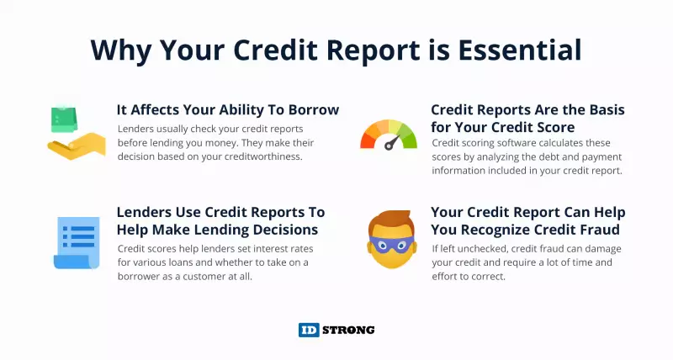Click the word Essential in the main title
pyautogui.click(x=520, y=50)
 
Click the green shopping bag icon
pyautogui.click(x=64, y=119)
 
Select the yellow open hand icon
pyautogui.click(x=77, y=146)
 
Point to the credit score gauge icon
pyautogui.click(x=389, y=135)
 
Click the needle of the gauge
pyautogui.click(x=392, y=142)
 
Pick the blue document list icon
pyautogui.click(x=77, y=243)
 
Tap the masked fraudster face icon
pyautogui.click(x=391, y=239)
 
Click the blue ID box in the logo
pyautogui.click(x=309, y=330)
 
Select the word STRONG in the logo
pyautogui.click(x=348, y=330)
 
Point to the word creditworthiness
pyautogui.click(x=260, y=156)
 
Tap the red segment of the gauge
pyautogui.click(x=368, y=140)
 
